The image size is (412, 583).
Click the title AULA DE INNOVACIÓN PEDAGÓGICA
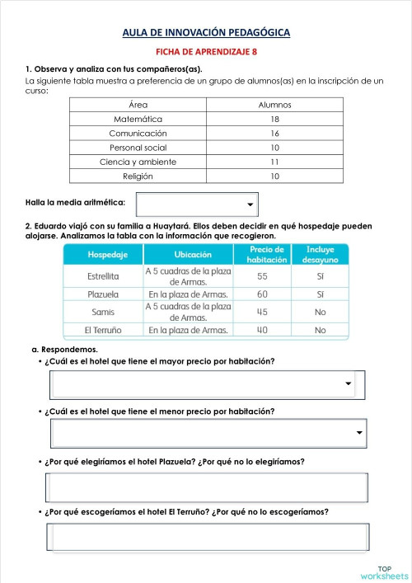(x=206, y=33)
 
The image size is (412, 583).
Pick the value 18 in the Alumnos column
(x=274, y=119)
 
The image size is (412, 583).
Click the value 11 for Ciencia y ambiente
(x=274, y=162)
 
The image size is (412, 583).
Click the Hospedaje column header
(x=103, y=255)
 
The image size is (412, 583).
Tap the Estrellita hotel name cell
(x=103, y=276)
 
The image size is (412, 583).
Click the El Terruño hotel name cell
(x=103, y=330)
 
